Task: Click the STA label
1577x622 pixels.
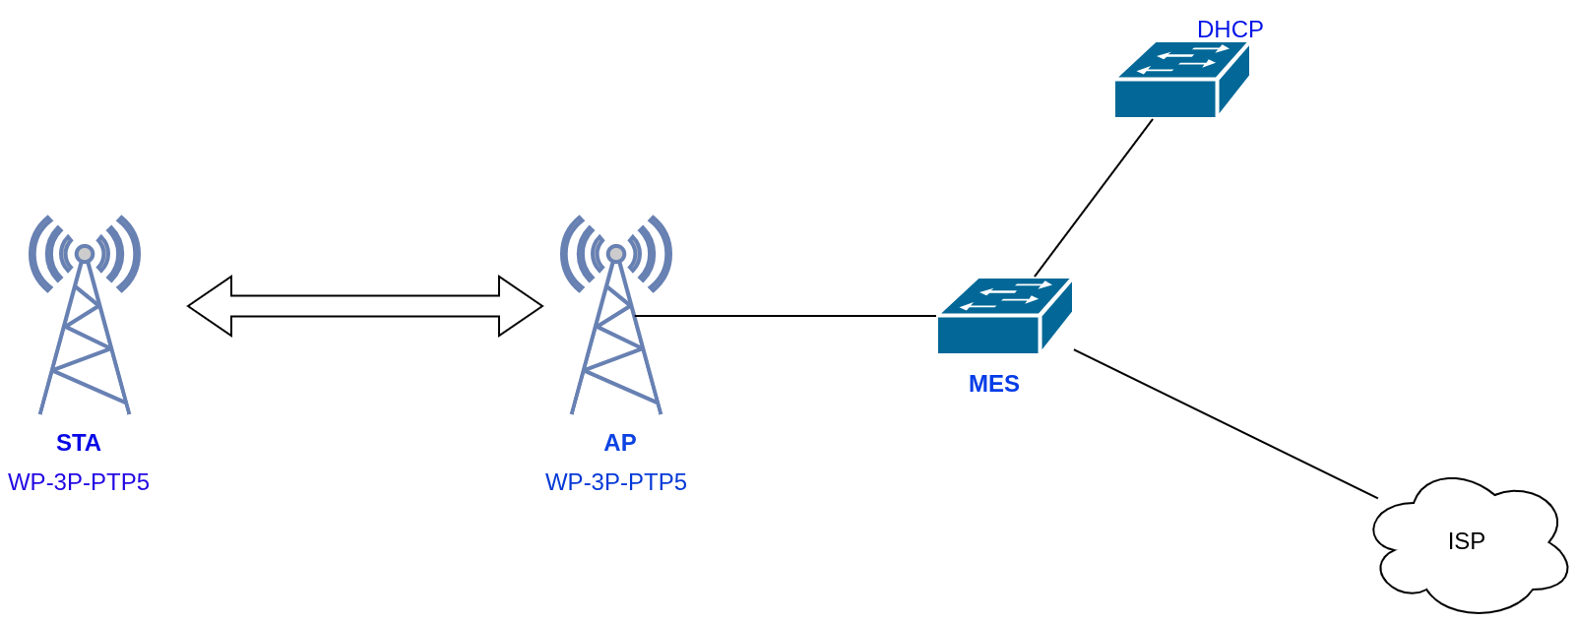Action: tap(79, 443)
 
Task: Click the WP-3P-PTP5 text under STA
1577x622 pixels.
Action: tap(79, 482)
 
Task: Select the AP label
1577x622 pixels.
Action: tap(620, 443)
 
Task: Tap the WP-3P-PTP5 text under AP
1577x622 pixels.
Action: tap(616, 482)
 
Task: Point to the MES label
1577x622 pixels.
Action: tap(994, 384)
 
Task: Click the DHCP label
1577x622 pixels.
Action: tap(1230, 30)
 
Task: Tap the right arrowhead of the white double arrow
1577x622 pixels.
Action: tap(519, 306)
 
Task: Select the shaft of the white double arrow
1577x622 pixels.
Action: tap(364, 306)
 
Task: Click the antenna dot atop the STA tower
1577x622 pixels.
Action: tap(85, 254)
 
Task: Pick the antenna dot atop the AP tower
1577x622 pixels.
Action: tap(616, 254)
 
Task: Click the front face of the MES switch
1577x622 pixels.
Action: tap(987, 336)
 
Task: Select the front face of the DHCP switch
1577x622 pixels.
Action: tap(1165, 99)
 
